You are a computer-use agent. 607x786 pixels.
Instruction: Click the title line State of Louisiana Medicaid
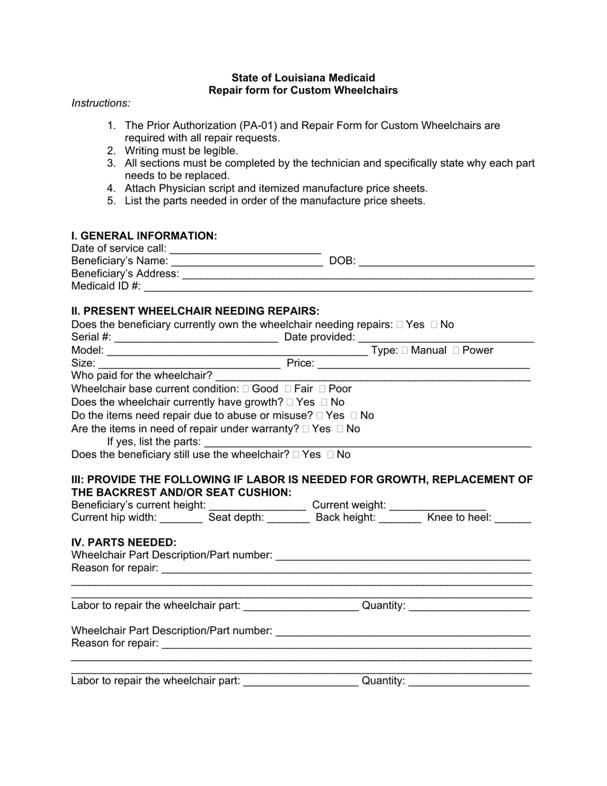[x=303, y=78]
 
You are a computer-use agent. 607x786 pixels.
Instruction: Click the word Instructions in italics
[x=101, y=103]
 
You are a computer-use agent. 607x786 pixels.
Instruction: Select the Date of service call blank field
[x=245, y=249]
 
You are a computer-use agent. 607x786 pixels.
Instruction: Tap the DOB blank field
[x=447, y=261]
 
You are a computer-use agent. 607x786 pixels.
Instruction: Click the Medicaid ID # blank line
[x=338, y=286]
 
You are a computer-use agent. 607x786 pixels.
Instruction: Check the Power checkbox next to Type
[x=456, y=350]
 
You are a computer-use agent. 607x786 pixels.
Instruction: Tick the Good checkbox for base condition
[x=246, y=389]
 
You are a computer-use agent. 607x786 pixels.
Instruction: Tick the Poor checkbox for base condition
[x=323, y=389]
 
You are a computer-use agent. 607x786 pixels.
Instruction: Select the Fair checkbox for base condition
[x=288, y=389]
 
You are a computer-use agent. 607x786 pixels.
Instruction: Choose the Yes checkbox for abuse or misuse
[x=319, y=415]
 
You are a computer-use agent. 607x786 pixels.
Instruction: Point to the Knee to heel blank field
[x=512, y=518]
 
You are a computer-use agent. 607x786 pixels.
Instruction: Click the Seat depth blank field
[x=288, y=518]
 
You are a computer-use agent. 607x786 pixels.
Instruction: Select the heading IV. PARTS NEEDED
[x=124, y=543]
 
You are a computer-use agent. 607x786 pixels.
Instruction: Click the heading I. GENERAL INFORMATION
[x=144, y=236]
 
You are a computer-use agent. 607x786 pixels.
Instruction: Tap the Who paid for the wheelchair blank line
[x=373, y=376]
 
